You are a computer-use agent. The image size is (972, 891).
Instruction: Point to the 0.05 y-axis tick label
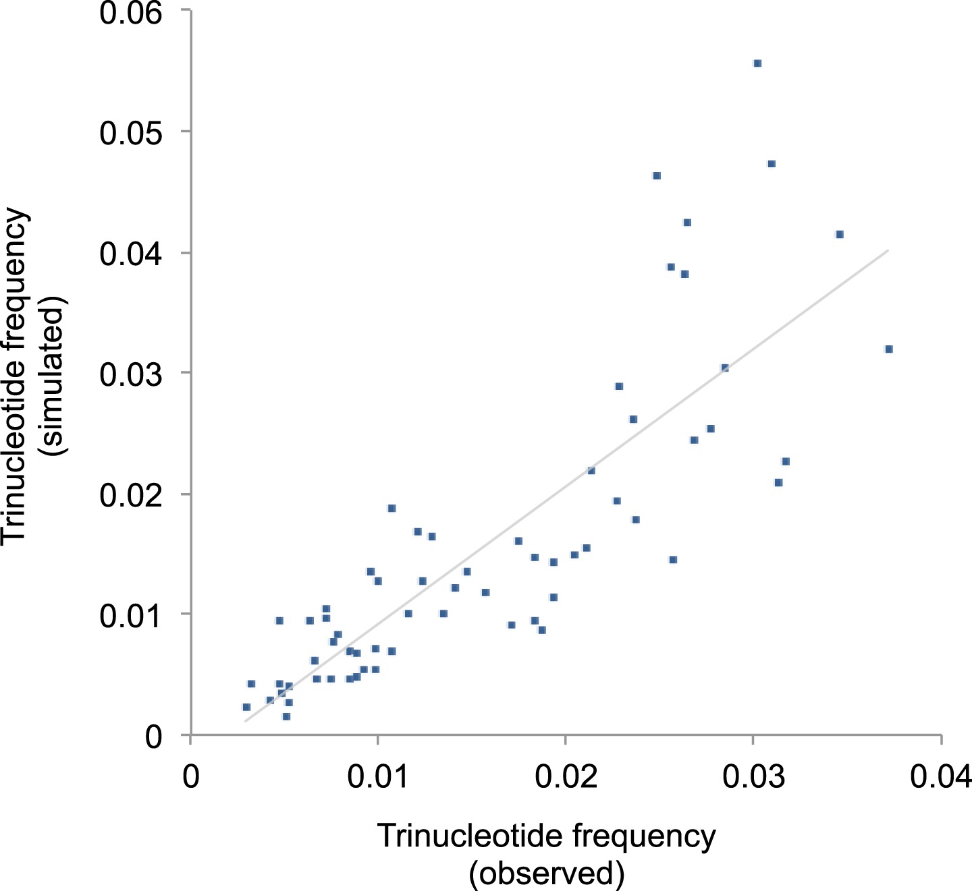click(x=131, y=132)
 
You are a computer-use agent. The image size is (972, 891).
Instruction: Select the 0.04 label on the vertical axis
click(x=131, y=254)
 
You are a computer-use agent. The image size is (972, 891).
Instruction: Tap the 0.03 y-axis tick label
click(x=131, y=374)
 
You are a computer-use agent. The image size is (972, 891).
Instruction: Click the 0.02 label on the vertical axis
click(x=131, y=495)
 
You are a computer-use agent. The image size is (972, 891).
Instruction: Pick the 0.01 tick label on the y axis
click(x=131, y=615)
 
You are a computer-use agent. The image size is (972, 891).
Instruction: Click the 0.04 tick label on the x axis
click(x=941, y=777)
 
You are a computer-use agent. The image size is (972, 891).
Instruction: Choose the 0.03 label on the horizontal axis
click(x=753, y=777)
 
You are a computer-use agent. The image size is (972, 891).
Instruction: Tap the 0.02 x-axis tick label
click(x=566, y=777)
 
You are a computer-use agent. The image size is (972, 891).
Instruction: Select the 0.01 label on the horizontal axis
click(x=378, y=777)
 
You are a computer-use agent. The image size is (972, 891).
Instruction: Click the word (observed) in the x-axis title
click(x=547, y=873)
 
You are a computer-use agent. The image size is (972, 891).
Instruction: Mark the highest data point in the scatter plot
click(x=757, y=63)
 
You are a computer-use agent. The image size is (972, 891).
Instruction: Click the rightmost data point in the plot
click(x=889, y=349)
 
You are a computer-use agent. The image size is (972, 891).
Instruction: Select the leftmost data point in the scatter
click(x=246, y=707)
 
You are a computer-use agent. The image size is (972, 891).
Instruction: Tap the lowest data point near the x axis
click(x=286, y=716)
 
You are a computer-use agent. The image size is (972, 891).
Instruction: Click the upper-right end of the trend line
click(x=888, y=250)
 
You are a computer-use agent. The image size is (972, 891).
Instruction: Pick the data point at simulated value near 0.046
click(x=657, y=175)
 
